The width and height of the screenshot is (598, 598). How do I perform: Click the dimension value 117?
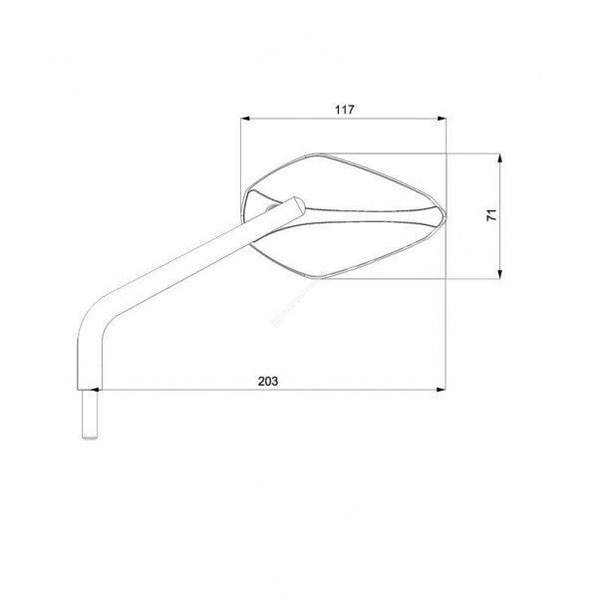(345, 110)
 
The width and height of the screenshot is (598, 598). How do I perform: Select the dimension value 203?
(268, 381)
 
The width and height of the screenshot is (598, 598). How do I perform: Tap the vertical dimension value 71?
(492, 214)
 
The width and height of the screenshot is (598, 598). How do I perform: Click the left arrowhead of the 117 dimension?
(245, 119)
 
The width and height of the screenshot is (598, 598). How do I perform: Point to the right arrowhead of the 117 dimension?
(442, 119)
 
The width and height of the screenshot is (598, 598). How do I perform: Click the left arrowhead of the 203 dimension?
(95, 390)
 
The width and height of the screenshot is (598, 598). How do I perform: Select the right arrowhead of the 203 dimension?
(442, 390)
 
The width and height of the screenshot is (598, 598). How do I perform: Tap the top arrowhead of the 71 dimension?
(500, 157)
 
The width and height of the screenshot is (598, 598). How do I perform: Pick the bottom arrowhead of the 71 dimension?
(500, 274)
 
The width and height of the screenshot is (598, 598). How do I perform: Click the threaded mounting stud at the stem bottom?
(90, 415)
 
